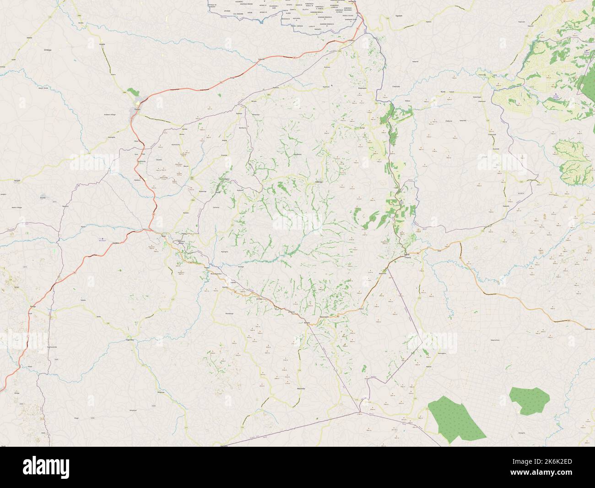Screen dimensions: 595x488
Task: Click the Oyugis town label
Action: (136, 109)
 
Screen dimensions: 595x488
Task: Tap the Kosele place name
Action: (103, 44)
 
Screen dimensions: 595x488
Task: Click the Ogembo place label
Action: (130, 340)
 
